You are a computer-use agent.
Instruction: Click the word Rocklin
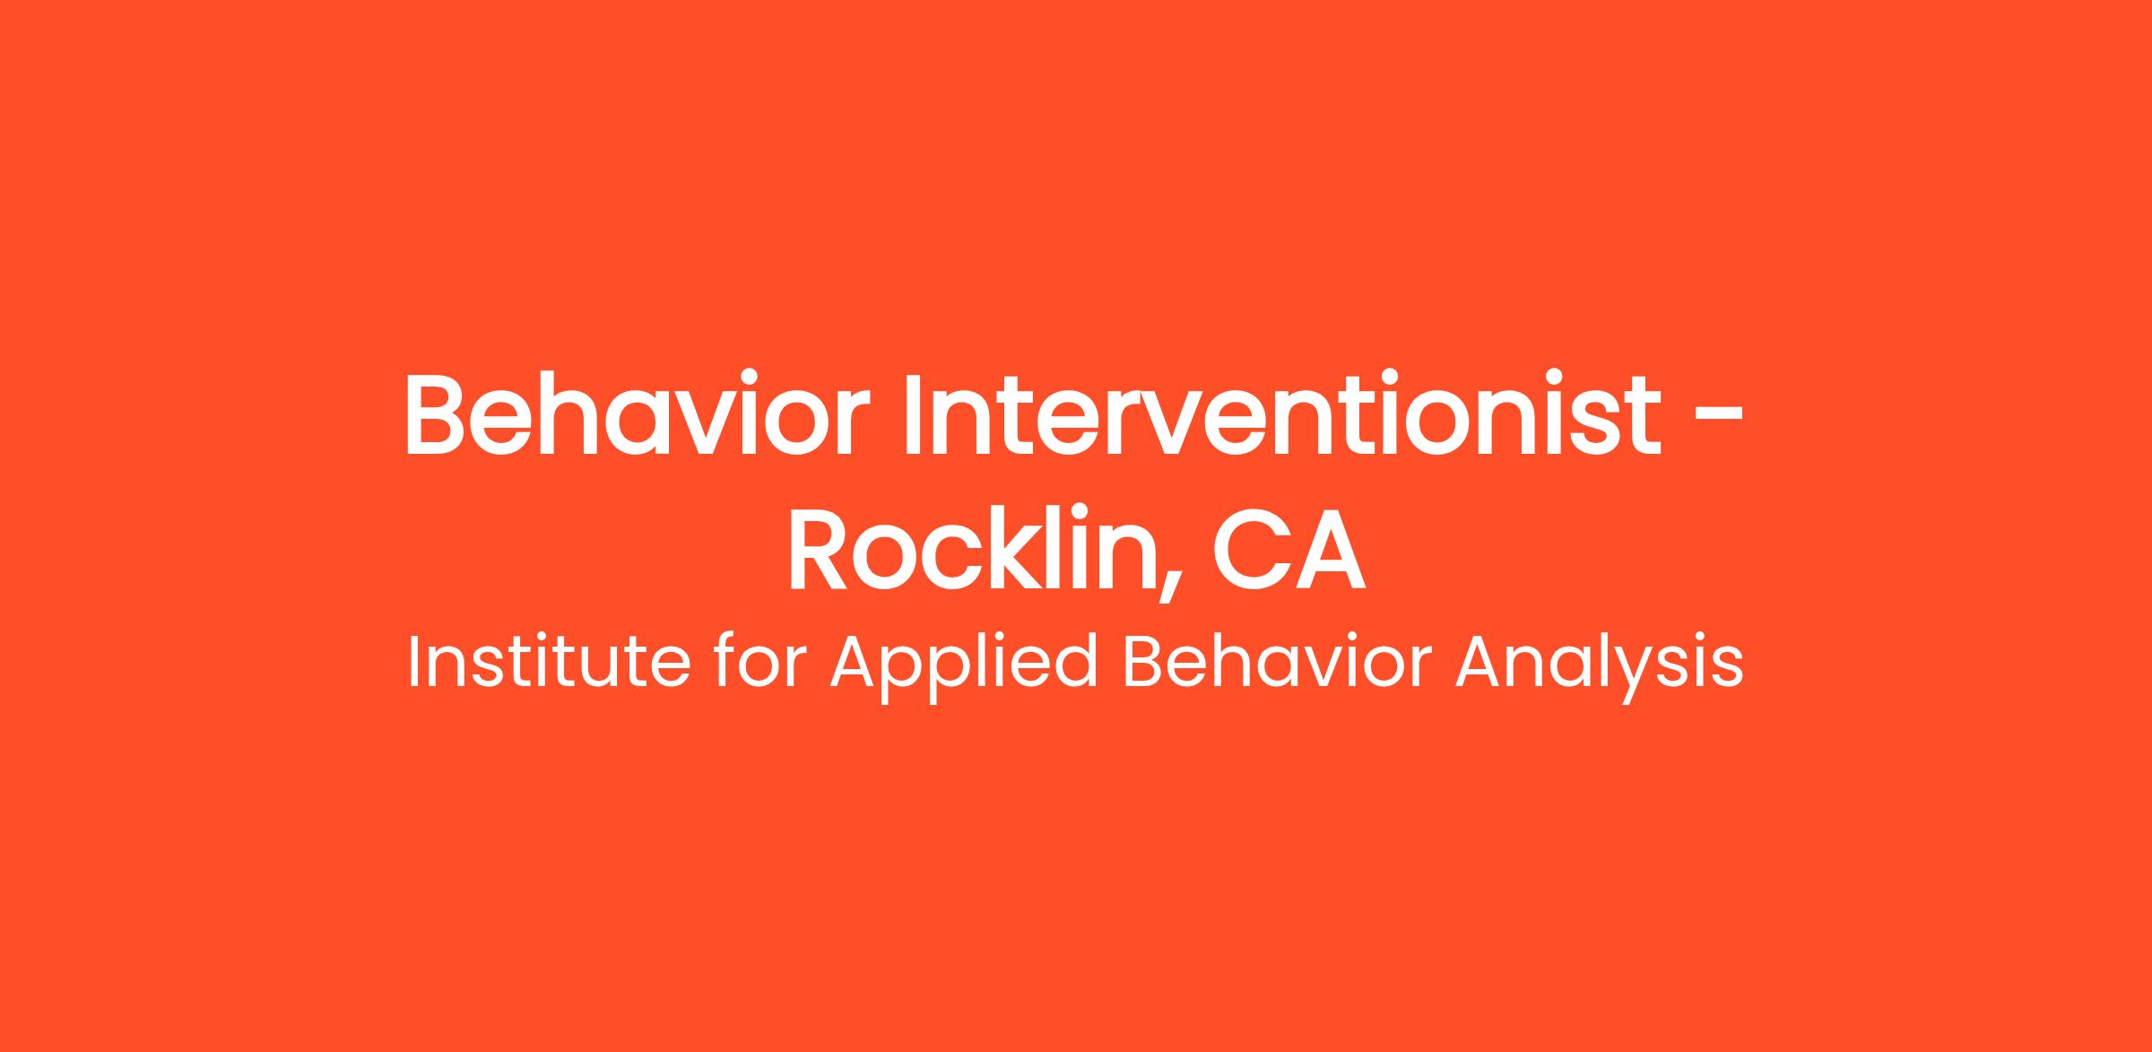click(x=972, y=551)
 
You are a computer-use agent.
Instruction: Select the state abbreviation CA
click(x=1289, y=552)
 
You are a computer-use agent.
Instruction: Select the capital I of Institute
click(x=413, y=664)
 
